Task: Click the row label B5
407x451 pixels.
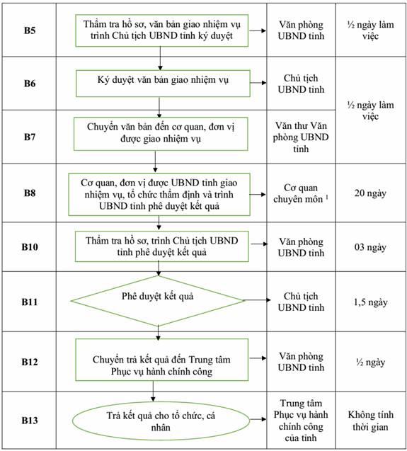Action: (30, 30)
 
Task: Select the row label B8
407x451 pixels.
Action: (30, 193)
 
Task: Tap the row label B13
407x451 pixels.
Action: (30, 421)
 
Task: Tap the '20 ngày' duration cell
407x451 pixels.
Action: (370, 193)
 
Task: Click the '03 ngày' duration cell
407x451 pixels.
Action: (370, 247)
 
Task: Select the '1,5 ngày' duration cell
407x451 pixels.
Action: (370, 302)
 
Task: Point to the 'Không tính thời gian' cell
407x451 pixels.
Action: (370, 421)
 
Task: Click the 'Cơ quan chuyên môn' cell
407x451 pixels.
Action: (301, 193)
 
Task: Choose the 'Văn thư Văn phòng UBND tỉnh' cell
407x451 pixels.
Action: (301, 137)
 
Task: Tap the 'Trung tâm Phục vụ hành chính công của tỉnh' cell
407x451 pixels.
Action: (301, 421)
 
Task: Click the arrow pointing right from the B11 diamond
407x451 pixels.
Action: (258, 300)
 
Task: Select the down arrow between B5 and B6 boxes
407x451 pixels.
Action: (160, 58)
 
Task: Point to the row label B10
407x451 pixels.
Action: (30, 247)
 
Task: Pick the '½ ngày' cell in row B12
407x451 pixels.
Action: (370, 362)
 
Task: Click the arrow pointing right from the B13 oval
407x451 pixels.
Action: (258, 419)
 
